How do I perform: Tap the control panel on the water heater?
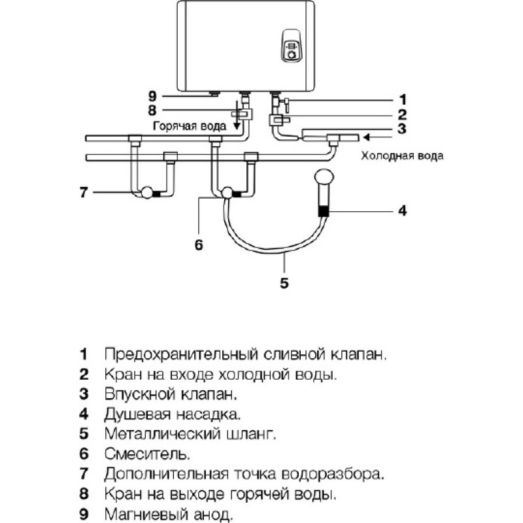tap(292, 46)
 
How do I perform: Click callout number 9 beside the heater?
tap(152, 96)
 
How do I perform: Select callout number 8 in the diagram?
tap(152, 110)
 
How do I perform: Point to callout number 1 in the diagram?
tap(403, 100)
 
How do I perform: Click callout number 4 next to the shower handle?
tap(403, 211)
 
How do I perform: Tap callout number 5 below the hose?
tap(284, 283)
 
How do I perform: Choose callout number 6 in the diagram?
tap(199, 245)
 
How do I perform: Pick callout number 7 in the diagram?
tap(84, 192)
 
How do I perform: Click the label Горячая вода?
tap(190, 126)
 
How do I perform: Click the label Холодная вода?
tap(402, 156)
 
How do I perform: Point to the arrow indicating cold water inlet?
tap(380, 137)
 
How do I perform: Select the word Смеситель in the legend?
tap(147, 454)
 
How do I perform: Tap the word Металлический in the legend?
tap(162, 434)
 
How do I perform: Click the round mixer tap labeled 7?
tap(147, 193)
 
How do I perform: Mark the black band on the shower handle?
tap(323, 211)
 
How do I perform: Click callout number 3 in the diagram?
tap(402, 129)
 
